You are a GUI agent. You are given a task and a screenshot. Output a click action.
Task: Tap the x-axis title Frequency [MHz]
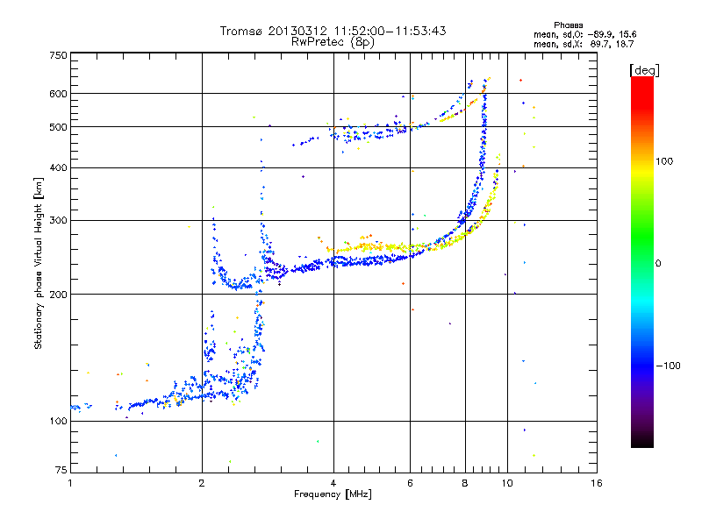(x=333, y=494)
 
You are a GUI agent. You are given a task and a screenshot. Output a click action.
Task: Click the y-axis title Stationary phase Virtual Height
(x=39, y=263)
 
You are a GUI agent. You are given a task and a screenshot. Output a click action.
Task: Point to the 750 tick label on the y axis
(x=58, y=55)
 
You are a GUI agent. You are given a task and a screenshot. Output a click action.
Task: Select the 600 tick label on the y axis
(x=58, y=94)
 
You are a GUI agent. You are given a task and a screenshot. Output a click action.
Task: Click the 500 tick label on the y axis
(x=58, y=127)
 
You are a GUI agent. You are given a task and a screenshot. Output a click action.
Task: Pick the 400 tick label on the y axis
(x=58, y=167)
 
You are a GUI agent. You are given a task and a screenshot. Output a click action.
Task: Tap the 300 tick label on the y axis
(x=58, y=220)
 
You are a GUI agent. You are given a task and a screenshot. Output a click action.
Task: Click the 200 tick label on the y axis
(x=58, y=294)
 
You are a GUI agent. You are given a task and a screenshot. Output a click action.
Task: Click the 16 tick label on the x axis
(x=596, y=483)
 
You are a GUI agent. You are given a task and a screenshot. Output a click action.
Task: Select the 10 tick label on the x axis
(x=507, y=483)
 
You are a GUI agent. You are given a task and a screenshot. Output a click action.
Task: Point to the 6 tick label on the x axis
(x=410, y=483)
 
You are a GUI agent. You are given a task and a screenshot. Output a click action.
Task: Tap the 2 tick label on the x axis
(x=202, y=483)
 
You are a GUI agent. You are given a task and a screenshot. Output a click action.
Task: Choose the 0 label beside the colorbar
(x=658, y=262)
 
